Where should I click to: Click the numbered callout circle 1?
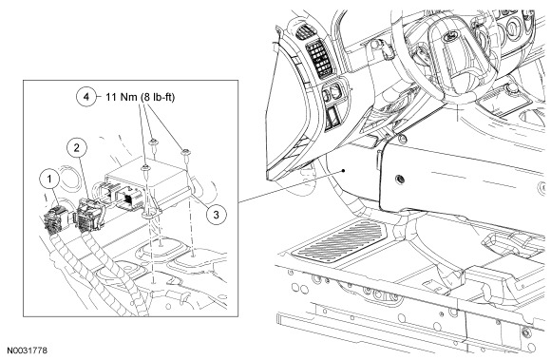49,180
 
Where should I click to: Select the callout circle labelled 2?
77,148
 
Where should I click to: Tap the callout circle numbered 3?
216,215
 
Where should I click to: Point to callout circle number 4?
86,97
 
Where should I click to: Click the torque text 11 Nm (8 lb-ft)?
140,97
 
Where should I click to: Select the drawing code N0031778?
27,351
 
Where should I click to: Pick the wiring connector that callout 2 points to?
90,215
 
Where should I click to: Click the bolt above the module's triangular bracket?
146,170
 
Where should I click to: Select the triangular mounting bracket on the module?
151,207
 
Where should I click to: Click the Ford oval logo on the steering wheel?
452,35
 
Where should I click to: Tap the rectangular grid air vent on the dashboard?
320,60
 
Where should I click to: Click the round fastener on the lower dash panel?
400,180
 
